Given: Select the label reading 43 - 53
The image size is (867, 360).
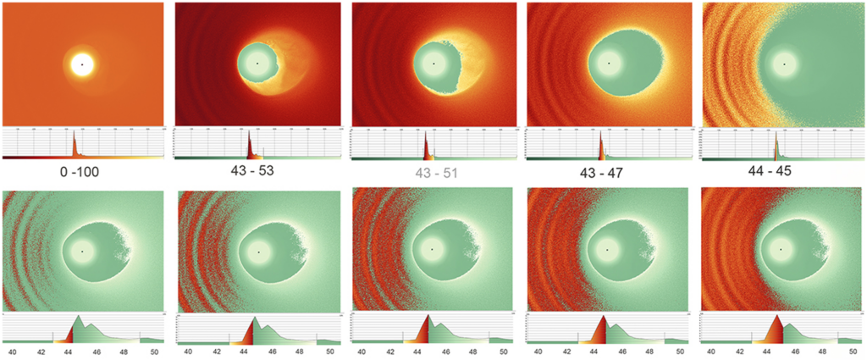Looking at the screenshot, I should click(257, 171).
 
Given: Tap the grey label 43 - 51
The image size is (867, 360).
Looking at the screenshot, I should click(432, 170).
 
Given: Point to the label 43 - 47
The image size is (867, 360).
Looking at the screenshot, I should click(606, 170).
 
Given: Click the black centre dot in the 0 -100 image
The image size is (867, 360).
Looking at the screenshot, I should click(82, 64).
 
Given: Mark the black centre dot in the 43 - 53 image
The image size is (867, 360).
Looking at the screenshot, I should click(257, 64).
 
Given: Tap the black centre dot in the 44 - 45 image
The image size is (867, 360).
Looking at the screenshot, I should click(784, 64).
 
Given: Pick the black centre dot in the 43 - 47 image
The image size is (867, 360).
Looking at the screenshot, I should click(609, 64).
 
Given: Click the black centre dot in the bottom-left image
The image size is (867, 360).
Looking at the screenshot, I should click(82, 252).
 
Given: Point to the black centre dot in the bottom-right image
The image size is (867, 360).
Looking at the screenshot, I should click(783, 252).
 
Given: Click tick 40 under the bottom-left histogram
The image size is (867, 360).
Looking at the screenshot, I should click(12, 350).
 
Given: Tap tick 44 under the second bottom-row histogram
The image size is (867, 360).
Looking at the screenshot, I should click(244, 350).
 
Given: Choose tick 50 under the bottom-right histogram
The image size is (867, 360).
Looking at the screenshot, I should click(853, 350).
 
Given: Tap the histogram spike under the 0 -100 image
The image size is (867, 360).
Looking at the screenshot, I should click(74, 132).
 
